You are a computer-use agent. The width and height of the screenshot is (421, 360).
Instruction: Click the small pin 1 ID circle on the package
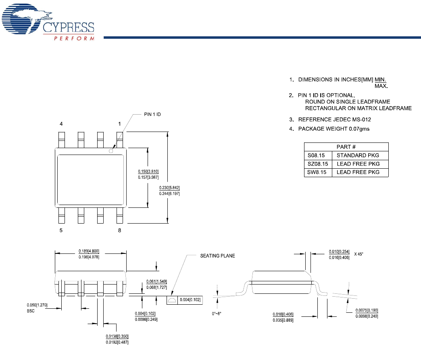pos(111,152)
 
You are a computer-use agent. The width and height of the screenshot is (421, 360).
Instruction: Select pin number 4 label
pos(61,123)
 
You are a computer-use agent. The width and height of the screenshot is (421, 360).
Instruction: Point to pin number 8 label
pos(119,230)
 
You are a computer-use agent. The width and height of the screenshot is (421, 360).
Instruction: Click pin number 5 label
pos(61,230)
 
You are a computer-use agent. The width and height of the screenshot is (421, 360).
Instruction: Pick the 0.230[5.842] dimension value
pos(169,187)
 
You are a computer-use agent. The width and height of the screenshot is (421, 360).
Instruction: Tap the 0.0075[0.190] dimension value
pos(367,310)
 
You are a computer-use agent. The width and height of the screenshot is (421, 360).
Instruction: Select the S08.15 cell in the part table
pos(317,155)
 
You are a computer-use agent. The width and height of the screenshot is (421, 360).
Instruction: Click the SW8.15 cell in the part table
pos(317,172)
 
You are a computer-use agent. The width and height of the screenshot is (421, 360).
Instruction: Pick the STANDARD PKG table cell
pos(358,155)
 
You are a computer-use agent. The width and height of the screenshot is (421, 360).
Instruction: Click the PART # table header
pos(346,147)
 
